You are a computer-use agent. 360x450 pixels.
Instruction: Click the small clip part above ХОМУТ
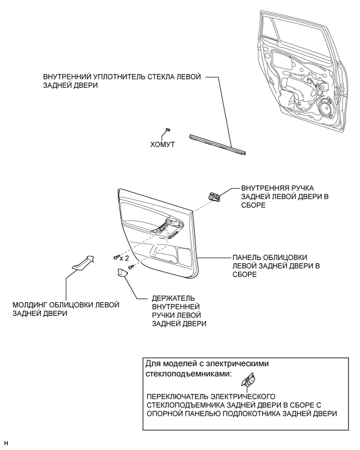168,128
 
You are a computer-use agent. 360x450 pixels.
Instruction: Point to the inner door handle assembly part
215,196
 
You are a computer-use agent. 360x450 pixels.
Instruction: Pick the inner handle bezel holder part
123,274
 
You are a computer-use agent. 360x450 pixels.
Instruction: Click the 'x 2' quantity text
124,258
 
